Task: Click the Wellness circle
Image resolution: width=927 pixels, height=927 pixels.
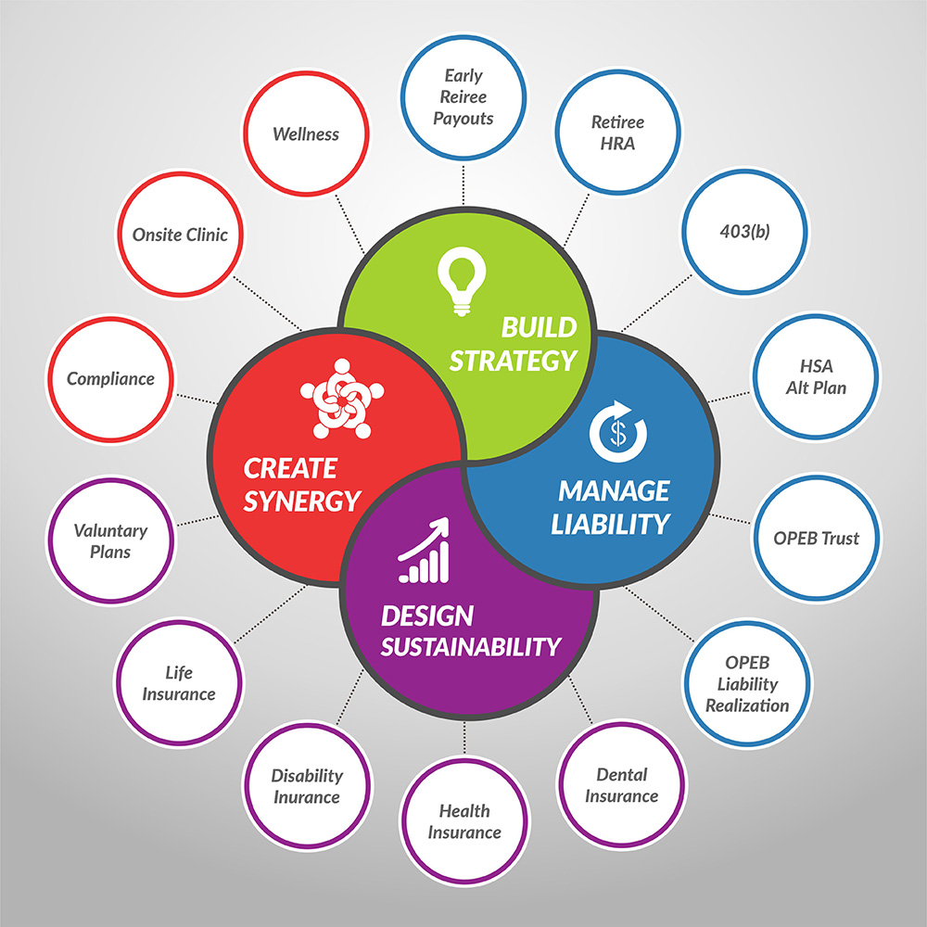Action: pyautogui.click(x=306, y=133)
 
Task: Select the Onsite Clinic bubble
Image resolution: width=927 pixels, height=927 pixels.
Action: pyautogui.click(x=180, y=234)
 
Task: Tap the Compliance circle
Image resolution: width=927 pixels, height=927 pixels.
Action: pyautogui.click(x=110, y=378)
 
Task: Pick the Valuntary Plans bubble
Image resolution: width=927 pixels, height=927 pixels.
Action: pyautogui.click(x=110, y=540)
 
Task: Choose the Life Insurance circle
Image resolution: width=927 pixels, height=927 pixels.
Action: pyautogui.click(x=178, y=683)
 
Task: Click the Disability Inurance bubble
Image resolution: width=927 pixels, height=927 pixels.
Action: pyautogui.click(x=307, y=786)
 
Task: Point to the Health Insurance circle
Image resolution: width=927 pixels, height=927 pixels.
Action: pyautogui.click(x=464, y=821)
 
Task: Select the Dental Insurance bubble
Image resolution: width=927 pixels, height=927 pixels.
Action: pyautogui.click(x=622, y=784)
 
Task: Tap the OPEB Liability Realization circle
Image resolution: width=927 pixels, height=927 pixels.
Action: pyautogui.click(x=747, y=684)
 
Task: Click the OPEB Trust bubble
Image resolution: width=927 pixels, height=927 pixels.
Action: pyautogui.click(x=817, y=538)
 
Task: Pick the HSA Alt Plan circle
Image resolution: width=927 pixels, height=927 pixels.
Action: pyautogui.click(x=816, y=376)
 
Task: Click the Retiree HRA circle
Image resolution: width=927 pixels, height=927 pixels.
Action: pyautogui.click(x=617, y=133)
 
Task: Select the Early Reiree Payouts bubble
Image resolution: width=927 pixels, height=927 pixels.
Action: pyautogui.click(x=463, y=96)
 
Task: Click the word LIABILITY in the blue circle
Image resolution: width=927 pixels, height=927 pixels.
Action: pyautogui.click(x=610, y=524)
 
